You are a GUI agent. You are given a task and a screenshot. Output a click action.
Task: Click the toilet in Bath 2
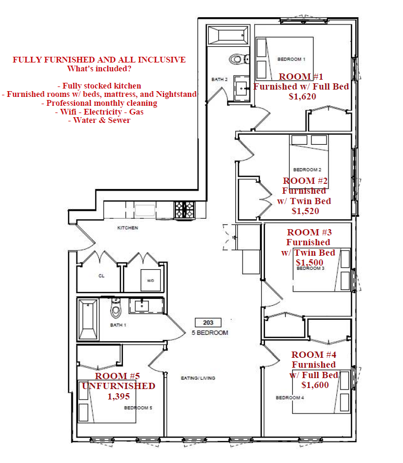(239, 59)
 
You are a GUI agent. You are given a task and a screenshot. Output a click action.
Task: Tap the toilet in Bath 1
(116, 307)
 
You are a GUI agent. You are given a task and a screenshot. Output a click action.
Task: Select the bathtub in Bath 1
(88, 319)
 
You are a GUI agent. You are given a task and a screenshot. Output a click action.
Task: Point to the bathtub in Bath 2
(228, 35)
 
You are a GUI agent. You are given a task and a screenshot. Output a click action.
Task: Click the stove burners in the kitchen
(184, 210)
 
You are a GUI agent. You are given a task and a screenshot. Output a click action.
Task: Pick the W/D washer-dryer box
(150, 280)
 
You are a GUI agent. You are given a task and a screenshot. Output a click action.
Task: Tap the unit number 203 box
(208, 322)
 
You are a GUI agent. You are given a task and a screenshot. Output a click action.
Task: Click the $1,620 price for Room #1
(303, 96)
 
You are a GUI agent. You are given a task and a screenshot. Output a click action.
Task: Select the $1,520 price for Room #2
(305, 211)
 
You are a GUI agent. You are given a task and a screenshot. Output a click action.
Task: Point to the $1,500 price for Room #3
(309, 262)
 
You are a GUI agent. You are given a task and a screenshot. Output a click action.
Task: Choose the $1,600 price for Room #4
(315, 385)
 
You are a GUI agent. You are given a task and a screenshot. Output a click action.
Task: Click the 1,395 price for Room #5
(118, 396)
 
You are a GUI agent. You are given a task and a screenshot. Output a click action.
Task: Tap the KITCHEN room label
(128, 228)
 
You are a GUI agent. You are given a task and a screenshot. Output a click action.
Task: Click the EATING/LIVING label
(198, 378)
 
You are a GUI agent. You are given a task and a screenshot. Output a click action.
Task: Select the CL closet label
(101, 276)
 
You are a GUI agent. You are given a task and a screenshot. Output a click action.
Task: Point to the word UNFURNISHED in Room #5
(118, 386)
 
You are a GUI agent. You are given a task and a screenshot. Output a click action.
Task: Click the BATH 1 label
(118, 325)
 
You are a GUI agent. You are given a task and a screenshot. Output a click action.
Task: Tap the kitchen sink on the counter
(145, 210)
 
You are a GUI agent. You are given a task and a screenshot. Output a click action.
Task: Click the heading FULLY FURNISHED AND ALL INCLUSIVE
(99, 60)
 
